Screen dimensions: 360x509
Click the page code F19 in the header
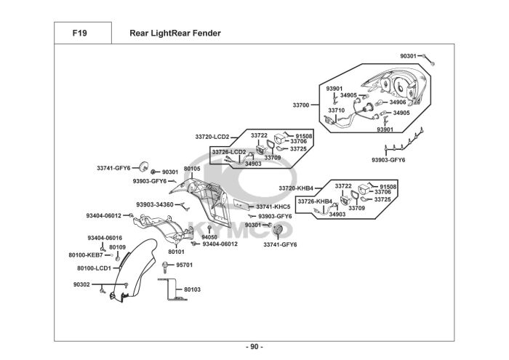pos(80,33)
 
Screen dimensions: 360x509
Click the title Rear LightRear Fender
pos(175,33)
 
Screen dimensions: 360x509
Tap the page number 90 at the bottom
pos(254,345)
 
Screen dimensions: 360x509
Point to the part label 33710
pos(336,111)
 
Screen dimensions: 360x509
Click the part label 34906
pos(397,102)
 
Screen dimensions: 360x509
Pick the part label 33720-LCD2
pos(212,137)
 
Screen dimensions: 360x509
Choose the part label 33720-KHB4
pos(295,188)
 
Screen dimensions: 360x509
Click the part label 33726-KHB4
pos(315,201)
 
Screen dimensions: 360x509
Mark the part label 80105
pos(192,169)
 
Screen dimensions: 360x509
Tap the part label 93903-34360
pos(154,204)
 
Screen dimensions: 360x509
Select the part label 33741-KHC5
pos(273,207)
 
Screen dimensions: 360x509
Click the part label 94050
pos(209,237)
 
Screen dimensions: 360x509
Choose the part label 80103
pos(192,289)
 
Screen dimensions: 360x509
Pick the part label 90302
pos(81,284)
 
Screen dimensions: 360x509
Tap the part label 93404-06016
pos(105,239)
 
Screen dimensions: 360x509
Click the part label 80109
pos(117,247)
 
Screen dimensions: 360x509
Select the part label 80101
pos(176,252)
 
